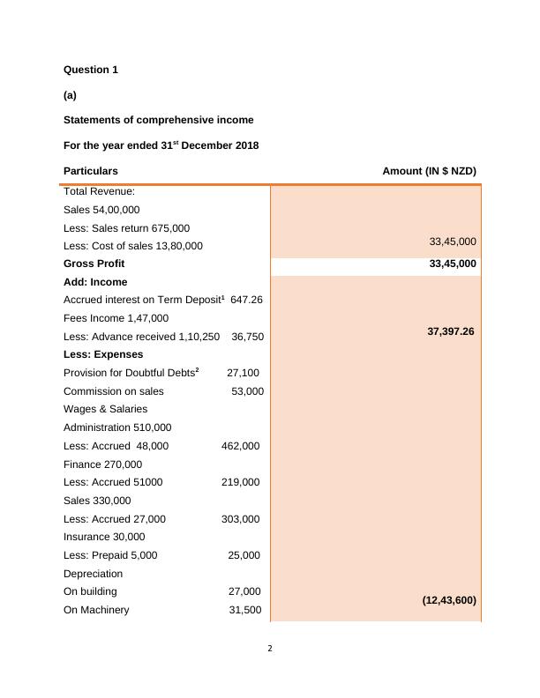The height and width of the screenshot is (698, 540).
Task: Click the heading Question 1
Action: click(91, 70)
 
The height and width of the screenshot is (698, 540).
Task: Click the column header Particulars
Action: click(91, 171)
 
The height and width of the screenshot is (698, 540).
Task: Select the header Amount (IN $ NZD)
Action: click(429, 171)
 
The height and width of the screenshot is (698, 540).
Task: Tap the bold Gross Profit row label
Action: click(94, 264)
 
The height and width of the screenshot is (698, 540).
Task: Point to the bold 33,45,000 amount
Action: click(453, 264)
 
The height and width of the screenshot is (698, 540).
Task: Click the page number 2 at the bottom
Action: click(270, 650)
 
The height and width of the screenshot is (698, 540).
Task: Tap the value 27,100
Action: click(243, 373)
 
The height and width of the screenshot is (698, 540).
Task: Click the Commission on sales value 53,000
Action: click(247, 391)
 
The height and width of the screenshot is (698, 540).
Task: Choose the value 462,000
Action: click(240, 446)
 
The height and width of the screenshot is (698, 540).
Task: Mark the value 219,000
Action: click(240, 483)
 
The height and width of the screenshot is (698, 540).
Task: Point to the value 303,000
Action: click(240, 519)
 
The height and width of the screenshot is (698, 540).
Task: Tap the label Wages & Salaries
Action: click(106, 409)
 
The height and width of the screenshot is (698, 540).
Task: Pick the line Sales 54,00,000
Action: click(101, 210)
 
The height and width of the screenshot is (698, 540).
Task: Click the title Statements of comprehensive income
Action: click(159, 120)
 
